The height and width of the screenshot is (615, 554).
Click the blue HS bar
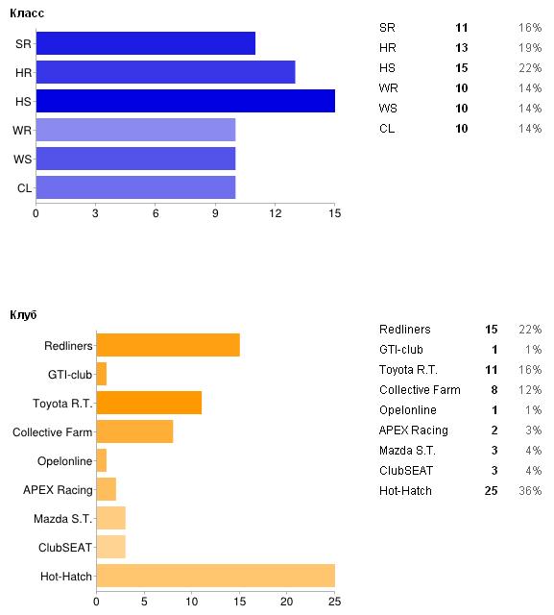185,101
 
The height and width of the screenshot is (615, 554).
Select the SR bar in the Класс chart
146,43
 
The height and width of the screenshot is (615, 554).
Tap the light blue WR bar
135,130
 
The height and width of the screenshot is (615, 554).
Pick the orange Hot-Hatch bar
215,576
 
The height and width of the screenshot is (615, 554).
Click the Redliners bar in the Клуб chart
168,345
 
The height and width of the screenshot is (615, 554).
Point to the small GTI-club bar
102,374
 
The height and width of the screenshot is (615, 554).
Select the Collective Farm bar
134,431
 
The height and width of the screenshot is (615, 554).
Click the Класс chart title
27,12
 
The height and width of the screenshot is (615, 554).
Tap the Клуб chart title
23,315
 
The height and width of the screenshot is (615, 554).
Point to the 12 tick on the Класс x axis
275,213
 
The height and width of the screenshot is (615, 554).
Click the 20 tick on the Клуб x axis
286,602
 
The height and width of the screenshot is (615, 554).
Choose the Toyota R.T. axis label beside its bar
62,404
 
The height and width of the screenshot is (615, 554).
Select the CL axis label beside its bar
24,188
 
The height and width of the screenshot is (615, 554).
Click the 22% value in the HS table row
530,68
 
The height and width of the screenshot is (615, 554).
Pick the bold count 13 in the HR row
462,48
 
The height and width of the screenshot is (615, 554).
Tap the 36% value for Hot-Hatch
530,491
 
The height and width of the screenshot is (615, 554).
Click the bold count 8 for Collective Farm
494,390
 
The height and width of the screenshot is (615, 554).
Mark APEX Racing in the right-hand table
414,430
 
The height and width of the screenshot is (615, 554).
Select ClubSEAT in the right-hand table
406,470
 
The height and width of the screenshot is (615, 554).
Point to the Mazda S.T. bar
110,518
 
